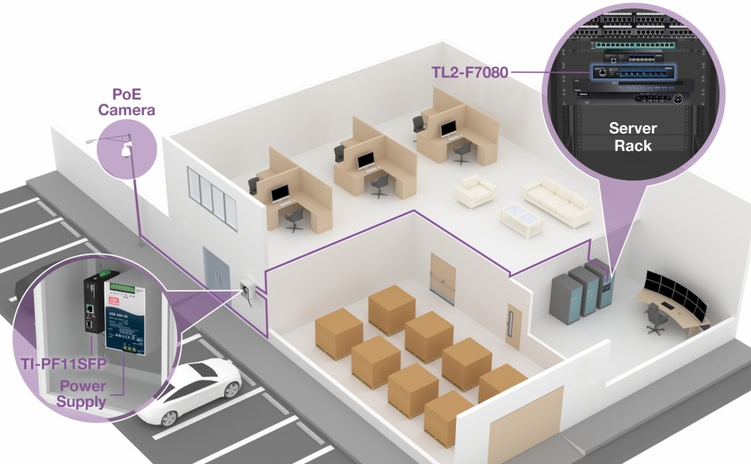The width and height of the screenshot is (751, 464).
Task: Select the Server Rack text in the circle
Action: (633, 137)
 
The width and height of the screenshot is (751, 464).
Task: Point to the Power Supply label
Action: (82, 394)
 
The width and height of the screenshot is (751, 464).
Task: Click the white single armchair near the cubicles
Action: (475, 190)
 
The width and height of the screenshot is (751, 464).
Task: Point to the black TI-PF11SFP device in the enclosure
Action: (94, 302)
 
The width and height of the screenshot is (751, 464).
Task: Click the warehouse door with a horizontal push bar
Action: (441, 278)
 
